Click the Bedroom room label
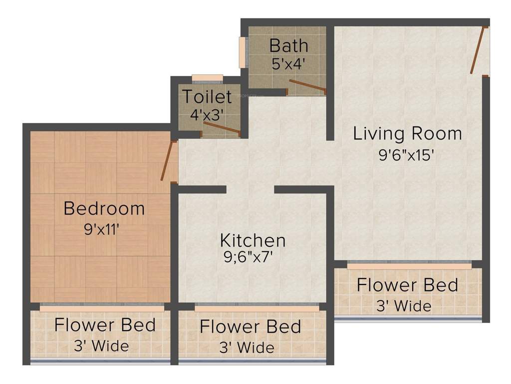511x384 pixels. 104,208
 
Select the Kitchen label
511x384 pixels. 253,240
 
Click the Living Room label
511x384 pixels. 407,134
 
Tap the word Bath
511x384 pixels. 288,45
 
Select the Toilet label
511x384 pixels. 207,96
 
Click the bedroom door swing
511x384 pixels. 168,160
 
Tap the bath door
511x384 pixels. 307,86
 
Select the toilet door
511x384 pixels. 222,128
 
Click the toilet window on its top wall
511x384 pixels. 207,77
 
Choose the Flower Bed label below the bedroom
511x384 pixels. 105,324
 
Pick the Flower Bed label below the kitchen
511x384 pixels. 251,326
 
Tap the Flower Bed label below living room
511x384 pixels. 407,285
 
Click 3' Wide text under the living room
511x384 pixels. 404,305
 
